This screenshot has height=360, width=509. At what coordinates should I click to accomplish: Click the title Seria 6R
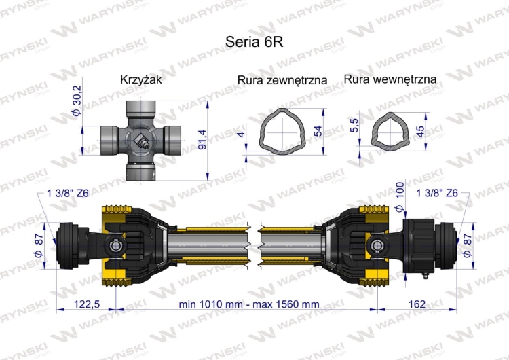point(254,40)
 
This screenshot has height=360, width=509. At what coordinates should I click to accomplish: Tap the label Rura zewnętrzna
point(282,80)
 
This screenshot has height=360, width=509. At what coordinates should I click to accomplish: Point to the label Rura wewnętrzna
point(390,79)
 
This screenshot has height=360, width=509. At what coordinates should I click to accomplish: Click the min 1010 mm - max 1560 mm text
point(248,304)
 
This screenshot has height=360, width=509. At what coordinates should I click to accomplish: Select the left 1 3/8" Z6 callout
point(68,194)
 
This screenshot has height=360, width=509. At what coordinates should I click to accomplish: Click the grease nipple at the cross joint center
point(142,141)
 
